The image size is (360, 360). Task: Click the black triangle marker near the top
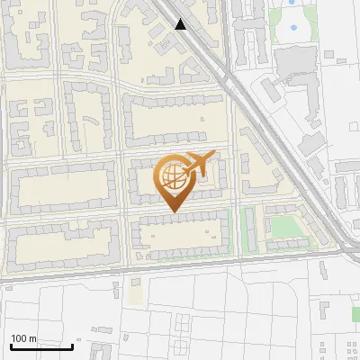click(181, 24)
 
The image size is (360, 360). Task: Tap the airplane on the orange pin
click(197, 165)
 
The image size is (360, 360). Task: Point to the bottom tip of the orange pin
click(173, 212)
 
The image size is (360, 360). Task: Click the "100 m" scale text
click(23, 338)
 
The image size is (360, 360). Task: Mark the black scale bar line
click(41, 346)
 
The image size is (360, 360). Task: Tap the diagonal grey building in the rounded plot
click(270, 88)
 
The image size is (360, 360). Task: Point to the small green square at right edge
click(355, 313)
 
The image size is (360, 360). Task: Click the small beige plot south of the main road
click(135, 292)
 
